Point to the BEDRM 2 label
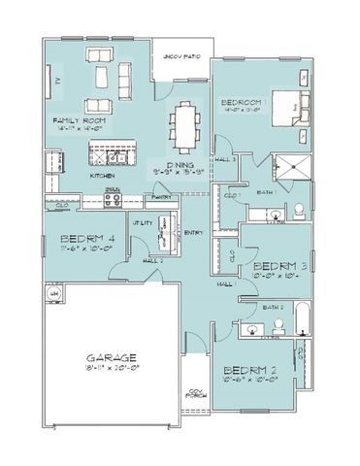point(251,370)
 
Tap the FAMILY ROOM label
point(79,120)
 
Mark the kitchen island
point(112,152)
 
